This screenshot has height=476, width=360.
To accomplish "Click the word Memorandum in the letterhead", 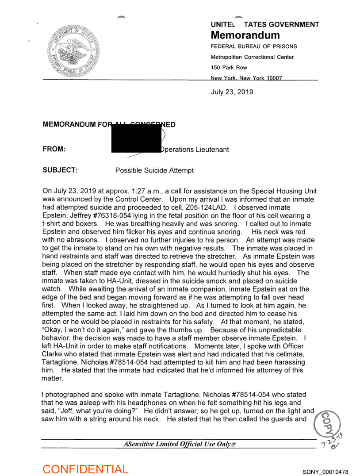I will coord(245,35).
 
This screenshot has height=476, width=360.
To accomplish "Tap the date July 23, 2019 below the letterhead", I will coord(232,92).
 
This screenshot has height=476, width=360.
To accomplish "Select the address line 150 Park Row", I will coord(229,68).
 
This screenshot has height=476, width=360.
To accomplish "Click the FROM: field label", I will coord(54,150).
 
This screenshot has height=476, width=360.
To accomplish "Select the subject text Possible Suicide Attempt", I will coord(154,170).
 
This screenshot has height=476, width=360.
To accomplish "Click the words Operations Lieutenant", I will coord(195,150).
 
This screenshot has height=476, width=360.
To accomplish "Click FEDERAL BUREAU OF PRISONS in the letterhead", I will coord(254,46).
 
